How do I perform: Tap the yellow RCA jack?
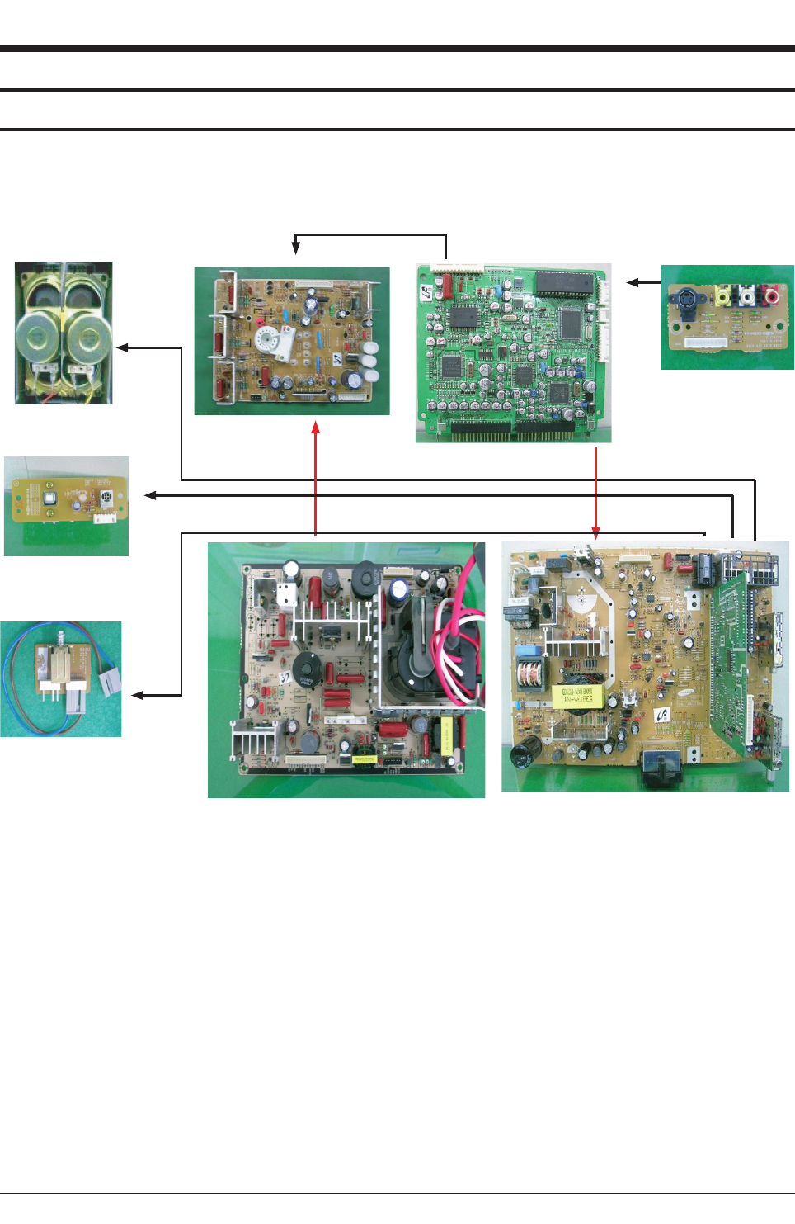pos(723,295)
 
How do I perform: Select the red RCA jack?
pos(771,294)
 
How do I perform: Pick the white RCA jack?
pos(746,295)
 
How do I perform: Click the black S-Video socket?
pos(687,296)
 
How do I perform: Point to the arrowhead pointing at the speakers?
pos(122,347)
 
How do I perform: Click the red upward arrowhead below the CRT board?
pos(315,427)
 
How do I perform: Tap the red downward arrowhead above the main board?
pos(595,533)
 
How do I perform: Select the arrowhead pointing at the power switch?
pos(137,696)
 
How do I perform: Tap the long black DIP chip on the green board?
pos(564,283)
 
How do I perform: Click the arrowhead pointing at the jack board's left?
pos(633,282)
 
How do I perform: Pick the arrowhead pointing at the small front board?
pos(149,495)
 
